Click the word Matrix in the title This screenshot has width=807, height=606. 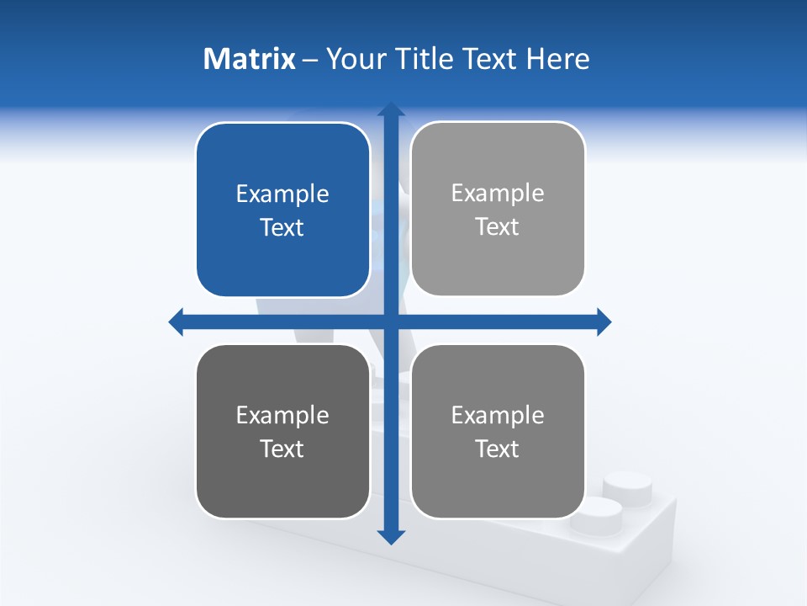tap(250, 59)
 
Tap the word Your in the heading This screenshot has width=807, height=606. tap(355, 59)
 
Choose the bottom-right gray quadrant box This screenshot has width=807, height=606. tap(498, 484)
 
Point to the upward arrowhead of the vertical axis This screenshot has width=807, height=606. tap(391, 109)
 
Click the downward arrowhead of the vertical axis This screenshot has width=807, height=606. tap(391, 537)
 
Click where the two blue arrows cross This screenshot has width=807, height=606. tap(391, 322)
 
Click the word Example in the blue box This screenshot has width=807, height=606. tap(282, 194)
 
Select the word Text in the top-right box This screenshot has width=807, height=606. tap(498, 227)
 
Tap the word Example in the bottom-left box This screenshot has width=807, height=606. tap(282, 415)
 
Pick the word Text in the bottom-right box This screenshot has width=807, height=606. tap(498, 449)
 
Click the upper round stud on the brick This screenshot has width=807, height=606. tap(627, 486)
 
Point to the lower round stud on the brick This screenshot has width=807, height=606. tap(595, 510)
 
